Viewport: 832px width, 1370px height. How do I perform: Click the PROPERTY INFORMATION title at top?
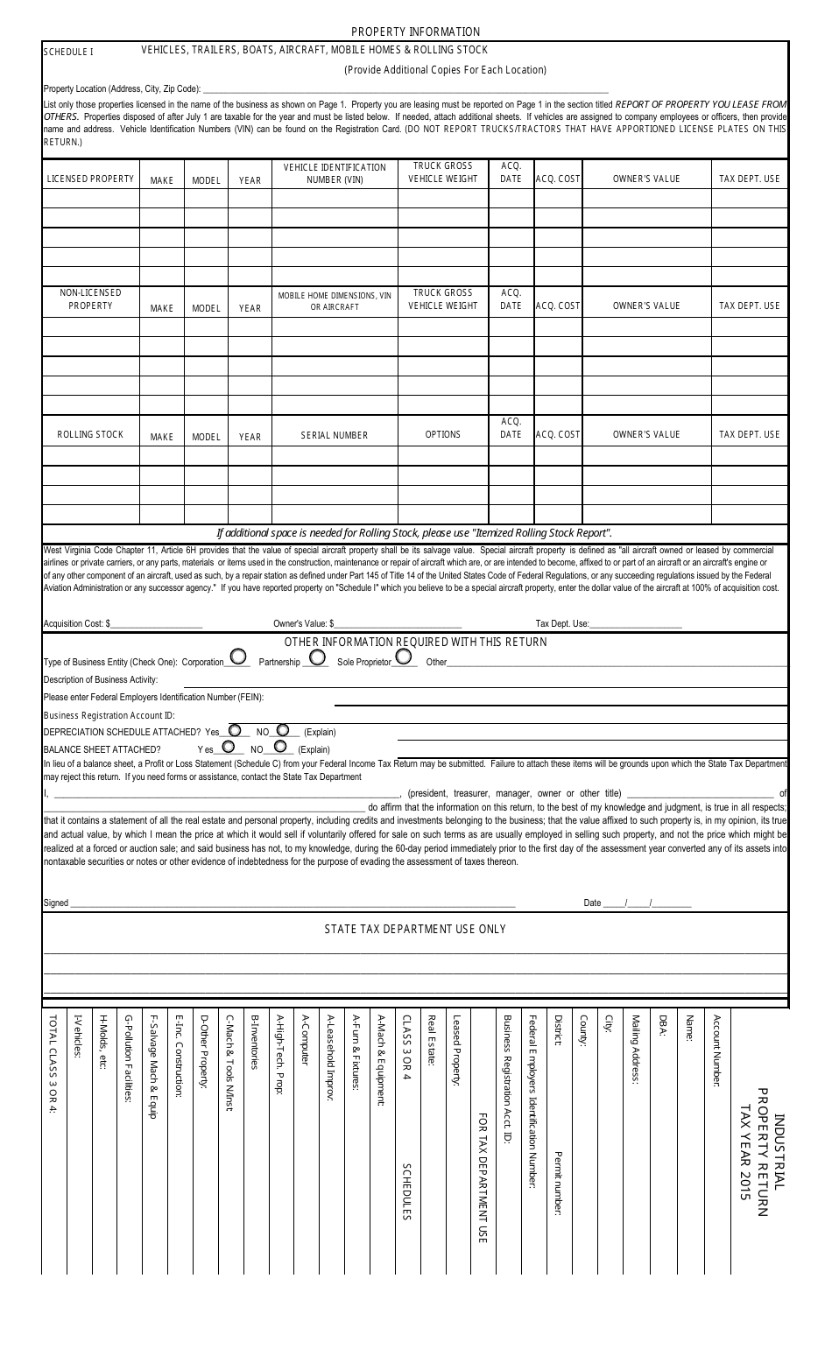coord(415,32)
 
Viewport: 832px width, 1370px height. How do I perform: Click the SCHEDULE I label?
coord(68,52)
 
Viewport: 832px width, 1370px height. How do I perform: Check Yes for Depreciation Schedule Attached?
coord(234,729)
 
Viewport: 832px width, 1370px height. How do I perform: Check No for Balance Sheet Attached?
coord(280,747)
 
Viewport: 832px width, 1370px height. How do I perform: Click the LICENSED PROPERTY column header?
coord(90,179)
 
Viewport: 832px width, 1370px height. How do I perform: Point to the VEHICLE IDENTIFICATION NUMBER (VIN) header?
coord(335,173)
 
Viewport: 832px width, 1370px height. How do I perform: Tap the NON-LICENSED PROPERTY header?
coord(90,299)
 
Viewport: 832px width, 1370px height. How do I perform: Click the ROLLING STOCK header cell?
coord(90,434)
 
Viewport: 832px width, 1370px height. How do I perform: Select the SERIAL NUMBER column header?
coord(335,435)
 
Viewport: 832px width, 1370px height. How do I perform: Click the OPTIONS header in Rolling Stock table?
coord(443,434)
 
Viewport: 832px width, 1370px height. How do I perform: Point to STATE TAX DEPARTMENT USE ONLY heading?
coord(415,929)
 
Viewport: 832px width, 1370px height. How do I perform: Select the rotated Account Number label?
coord(716,1050)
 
